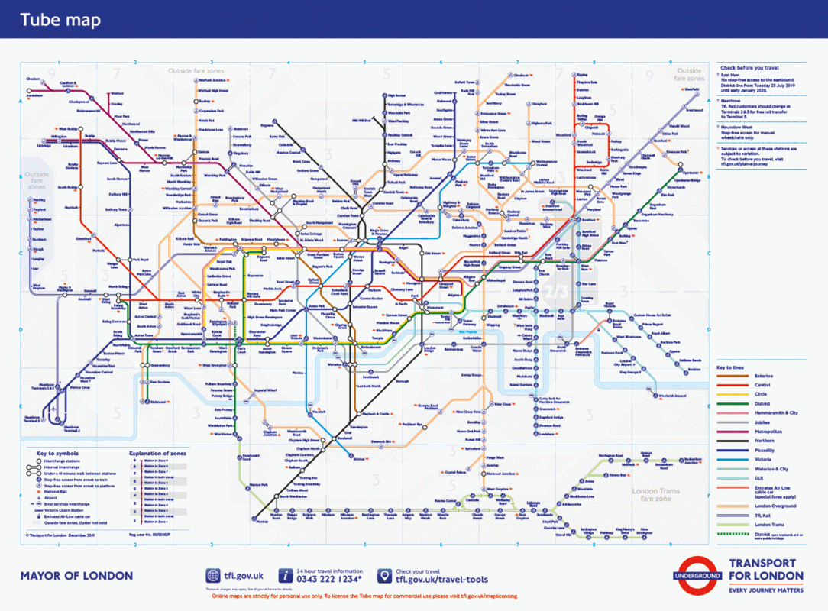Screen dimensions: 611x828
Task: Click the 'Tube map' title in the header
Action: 60,20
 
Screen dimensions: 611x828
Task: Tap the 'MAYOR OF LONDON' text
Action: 76,576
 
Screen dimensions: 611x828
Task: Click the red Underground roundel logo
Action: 697,574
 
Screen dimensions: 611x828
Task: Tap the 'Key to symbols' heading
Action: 53,454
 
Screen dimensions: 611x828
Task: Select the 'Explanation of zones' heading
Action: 157,454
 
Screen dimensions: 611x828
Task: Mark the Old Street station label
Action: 433,253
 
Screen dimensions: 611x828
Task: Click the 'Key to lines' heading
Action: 732,367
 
